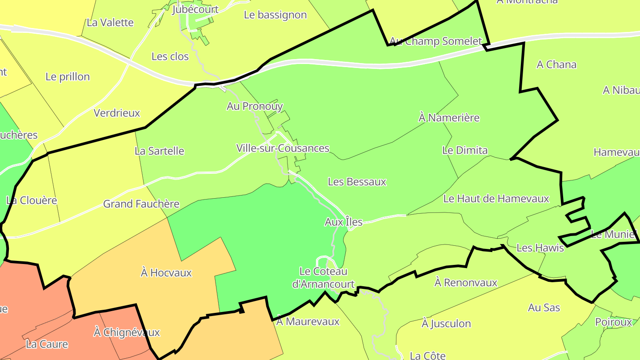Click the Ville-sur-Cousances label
coord(283,148)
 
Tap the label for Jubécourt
coord(196,9)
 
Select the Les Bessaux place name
coord(357,182)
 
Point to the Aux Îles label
coord(344,222)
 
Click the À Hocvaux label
coord(166,272)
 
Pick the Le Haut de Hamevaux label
coord(496,199)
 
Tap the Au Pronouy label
coord(255,106)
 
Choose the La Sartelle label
coord(159,151)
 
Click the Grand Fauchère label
coord(141,204)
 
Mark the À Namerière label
coord(449,118)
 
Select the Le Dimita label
coord(465,150)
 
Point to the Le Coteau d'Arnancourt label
coord(323,278)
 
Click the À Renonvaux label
coord(466,282)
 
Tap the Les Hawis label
coord(540,248)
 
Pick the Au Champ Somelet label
coord(436,41)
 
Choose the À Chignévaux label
coord(127,332)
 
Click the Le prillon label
coord(68,76)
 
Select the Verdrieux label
coord(117,113)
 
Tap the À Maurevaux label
coord(308,321)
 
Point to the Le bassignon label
coord(276,15)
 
